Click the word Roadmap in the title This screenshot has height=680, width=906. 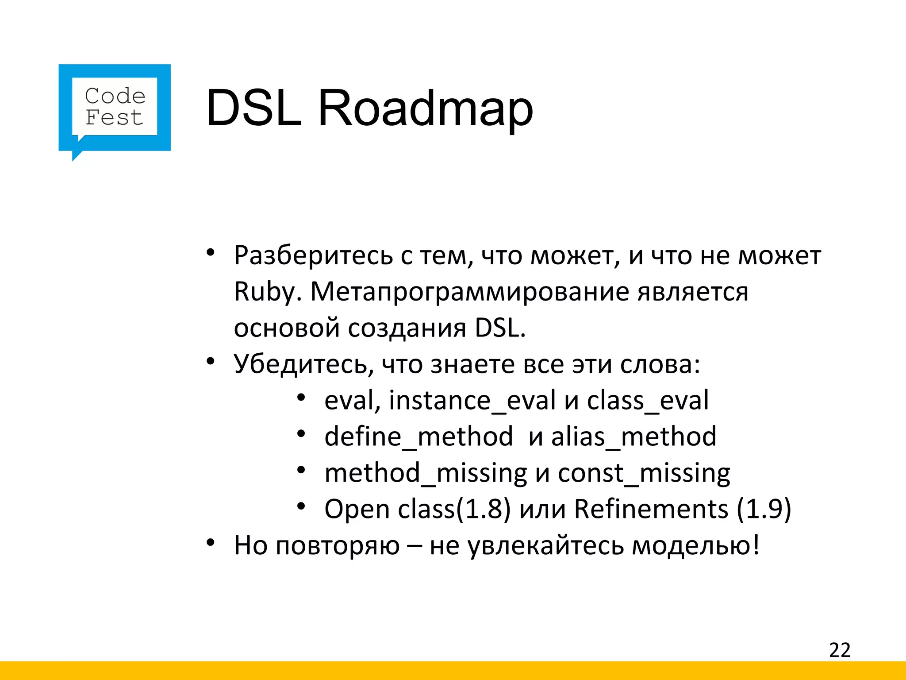pos(425,108)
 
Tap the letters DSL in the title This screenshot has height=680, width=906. pos(253,108)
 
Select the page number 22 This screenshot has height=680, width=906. pos(840,650)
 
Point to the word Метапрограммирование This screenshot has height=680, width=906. pos(469,292)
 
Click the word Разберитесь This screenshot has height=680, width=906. pos(313,256)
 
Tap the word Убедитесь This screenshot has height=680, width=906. pos(300,364)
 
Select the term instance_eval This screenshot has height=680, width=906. pos(472,401)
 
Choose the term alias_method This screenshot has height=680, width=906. pos(633,437)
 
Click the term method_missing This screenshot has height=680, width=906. pos(426,473)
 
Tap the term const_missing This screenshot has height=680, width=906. pos(644,473)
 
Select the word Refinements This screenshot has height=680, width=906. pos(651,509)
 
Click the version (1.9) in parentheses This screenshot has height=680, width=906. pos(764,509)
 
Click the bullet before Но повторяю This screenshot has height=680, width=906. pos(211,542)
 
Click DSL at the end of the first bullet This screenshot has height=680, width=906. pos(499,328)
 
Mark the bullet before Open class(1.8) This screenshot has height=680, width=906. pos(301,506)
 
